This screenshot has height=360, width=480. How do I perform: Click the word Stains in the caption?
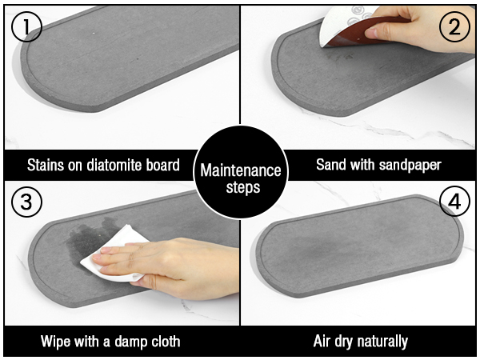coord(45,166)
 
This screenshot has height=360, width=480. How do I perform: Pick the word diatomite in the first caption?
coord(115,166)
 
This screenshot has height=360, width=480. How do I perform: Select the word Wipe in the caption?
coord(56,342)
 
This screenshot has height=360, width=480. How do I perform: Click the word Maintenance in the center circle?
coord(241,170)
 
